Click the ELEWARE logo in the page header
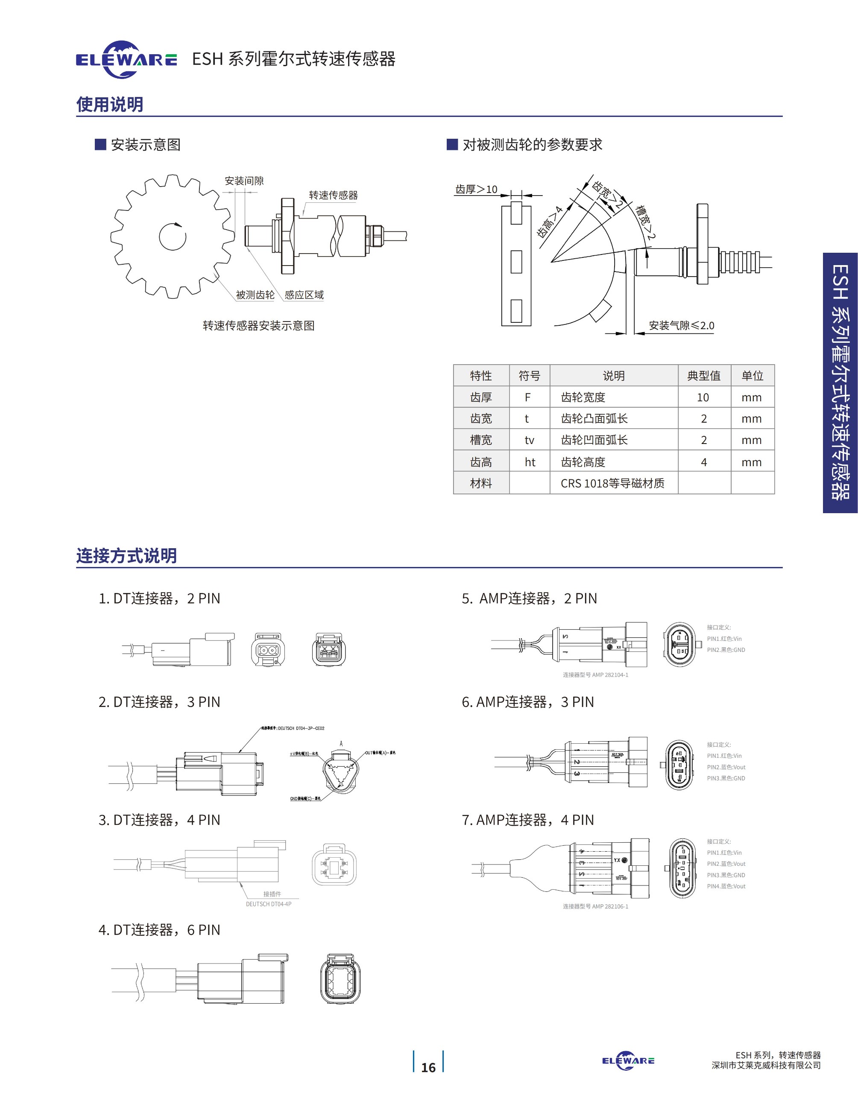click(x=126, y=60)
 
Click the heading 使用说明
click(x=110, y=104)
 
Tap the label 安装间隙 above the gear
click(x=244, y=181)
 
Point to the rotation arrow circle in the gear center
click(x=173, y=237)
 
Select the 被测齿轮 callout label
click(x=255, y=295)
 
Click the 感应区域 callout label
click(x=304, y=295)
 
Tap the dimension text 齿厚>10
click(x=476, y=190)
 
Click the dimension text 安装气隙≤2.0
click(x=681, y=325)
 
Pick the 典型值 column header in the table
click(x=704, y=376)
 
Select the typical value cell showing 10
click(x=703, y=397)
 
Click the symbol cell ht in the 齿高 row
click(x=530, y=462)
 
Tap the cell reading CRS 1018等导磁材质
click(x=612, y=483)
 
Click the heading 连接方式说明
click(x=126, y=555)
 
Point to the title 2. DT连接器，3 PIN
click(x=159, y=702)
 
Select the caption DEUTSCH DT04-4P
click(x=268, y=904)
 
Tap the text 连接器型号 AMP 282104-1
click(x=595, y=675)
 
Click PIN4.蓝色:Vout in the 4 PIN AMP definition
click(x=726, y=886)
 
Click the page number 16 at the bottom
click(x=428, y=1067)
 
